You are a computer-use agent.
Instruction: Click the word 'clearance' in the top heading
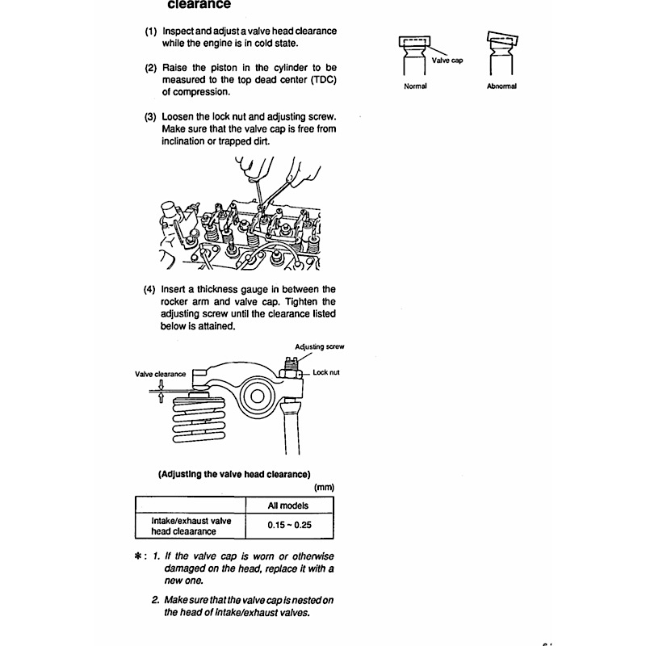199,4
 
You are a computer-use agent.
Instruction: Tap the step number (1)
151,31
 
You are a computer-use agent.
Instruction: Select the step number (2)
151,68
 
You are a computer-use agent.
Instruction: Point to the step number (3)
151,116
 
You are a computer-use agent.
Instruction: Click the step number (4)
151,289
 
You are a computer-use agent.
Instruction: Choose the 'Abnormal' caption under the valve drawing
501,86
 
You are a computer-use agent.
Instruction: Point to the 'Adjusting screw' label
321,346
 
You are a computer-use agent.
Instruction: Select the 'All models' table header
288,505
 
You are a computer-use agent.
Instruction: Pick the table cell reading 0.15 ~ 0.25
288,526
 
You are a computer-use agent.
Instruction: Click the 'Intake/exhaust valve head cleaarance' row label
191,526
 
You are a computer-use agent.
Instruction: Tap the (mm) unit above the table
323,488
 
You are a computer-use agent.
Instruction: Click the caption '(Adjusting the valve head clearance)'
234,474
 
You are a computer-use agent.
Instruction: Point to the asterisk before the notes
139,557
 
